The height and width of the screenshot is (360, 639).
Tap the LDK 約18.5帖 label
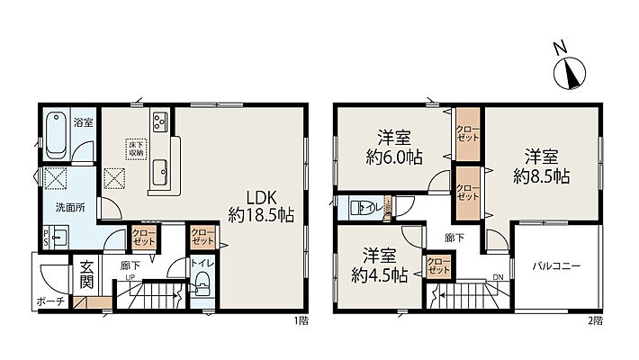coord(262,206)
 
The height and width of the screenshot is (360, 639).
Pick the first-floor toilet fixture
coord(202,290)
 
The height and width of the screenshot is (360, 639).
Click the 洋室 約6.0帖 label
coord(394,147)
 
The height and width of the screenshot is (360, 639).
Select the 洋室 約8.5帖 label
coord(541,164)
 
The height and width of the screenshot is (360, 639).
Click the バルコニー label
coord(555,266)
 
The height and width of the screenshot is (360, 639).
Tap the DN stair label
coord(497,278)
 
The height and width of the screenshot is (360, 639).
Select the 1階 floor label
coord(301,321)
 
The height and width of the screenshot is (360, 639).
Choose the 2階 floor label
coord(598,321)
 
